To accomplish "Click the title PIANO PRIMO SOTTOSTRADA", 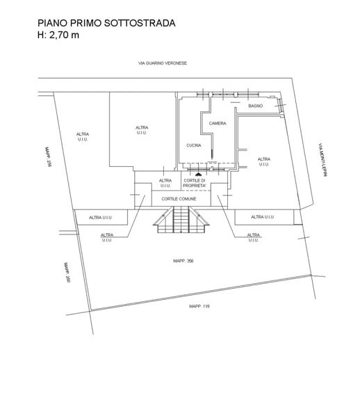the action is coord(106,23).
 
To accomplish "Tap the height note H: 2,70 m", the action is coord(58,35).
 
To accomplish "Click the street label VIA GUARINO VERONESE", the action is coord(163,63).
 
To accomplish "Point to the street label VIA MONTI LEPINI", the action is coord(323,159).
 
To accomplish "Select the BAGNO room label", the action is coord(256,106).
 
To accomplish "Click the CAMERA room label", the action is coord(218,123).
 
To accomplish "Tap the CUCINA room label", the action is coord(194,145).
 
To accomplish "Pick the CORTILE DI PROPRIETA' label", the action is coord(195,183).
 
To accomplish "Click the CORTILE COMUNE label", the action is coord(179,199).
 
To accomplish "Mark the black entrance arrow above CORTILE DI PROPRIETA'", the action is coord(199,174).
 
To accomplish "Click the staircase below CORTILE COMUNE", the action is coord(181,219).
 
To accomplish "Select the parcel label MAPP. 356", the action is coord(183,261).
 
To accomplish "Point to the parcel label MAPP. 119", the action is coord(199,306).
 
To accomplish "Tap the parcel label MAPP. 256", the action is coord(48,157).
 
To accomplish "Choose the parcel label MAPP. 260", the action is coord(67,272).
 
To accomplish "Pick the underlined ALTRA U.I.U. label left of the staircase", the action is coord(107,237).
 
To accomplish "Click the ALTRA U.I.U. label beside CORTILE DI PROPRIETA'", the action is coord(165,183).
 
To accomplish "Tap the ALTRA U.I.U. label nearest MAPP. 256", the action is coord(83,137).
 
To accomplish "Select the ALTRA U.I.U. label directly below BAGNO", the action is coord(264,161).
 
